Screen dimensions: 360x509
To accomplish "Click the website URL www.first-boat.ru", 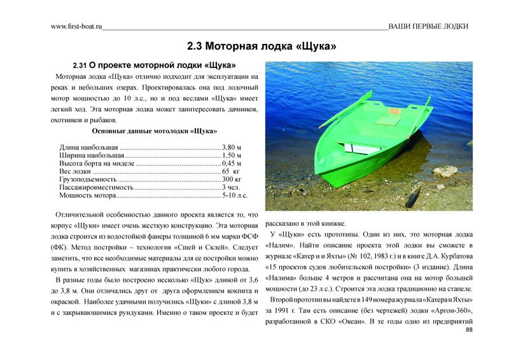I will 76,27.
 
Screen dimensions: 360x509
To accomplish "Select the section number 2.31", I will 80,66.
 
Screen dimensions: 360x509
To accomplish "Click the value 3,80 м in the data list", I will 232,147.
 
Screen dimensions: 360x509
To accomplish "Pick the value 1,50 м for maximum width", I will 232,155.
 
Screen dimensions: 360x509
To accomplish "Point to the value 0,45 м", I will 232,163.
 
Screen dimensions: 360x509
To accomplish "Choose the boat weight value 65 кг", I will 230,172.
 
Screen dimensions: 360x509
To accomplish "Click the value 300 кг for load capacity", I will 231,180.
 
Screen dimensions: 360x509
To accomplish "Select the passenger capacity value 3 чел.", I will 230,188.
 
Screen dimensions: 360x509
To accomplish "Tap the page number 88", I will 469,331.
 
